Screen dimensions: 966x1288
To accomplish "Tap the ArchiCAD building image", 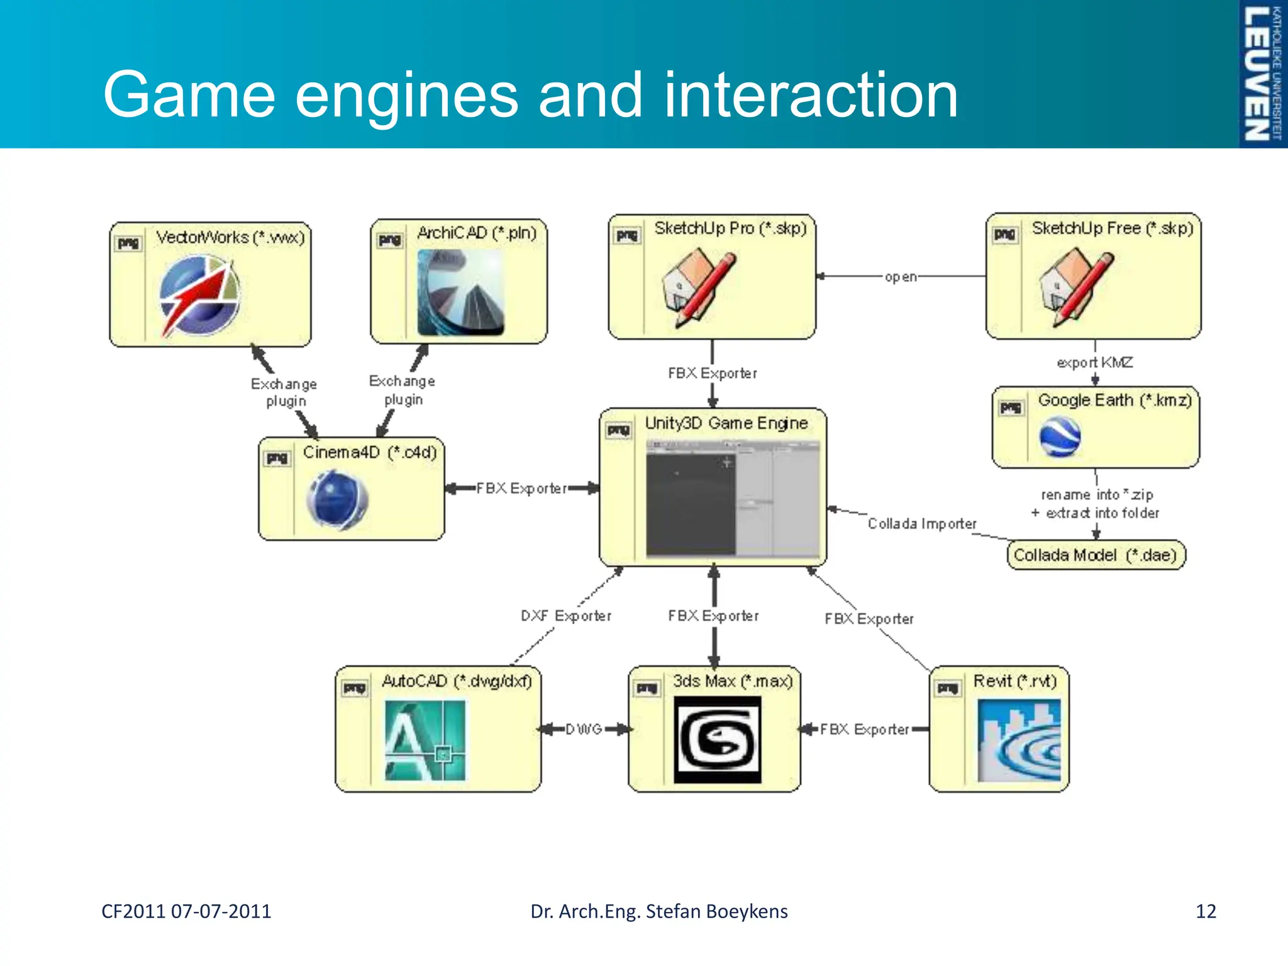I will (460, 292).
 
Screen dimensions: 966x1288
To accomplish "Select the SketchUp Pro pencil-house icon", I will (698, 287).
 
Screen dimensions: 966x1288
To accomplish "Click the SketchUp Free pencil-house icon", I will (1075, 287).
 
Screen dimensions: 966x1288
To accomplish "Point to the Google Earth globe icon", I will (1060, 437).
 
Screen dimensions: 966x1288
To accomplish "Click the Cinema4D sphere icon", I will (337, 500).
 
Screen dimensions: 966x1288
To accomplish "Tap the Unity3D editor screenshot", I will (733, 498).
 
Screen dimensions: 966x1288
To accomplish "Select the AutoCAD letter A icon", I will (425, 740).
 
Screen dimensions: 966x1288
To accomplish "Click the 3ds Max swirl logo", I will (717, 740).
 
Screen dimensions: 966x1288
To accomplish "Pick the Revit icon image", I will (1019, 740).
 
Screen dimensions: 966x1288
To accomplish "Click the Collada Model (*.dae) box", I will (1096, 555).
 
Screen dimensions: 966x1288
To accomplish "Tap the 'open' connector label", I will (901, 277).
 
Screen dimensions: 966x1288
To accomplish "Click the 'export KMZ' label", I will (1094, 362).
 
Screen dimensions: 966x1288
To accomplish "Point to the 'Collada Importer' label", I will (922, 524).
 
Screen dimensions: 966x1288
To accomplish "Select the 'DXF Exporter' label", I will (565, 616).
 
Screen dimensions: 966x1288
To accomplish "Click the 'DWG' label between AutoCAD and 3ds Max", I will (584, 730).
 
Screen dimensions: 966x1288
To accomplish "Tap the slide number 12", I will (1206, 911).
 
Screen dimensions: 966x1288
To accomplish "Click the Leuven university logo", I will (1262, 74).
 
